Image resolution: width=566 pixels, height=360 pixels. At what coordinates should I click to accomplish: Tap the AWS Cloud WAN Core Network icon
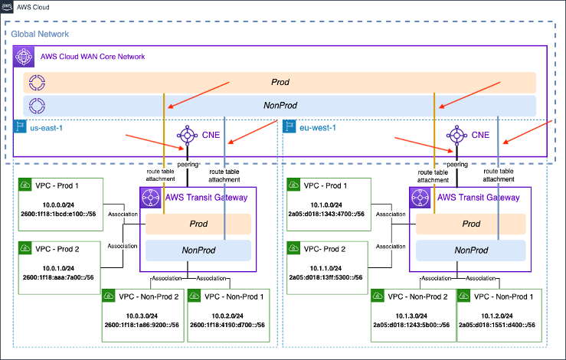tap(25, 57)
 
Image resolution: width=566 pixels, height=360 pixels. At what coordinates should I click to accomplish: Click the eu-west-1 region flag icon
tap(290, 126)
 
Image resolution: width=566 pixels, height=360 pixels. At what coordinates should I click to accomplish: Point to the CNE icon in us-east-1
tap(185, 135)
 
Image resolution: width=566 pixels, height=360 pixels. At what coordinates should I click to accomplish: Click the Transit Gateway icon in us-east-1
tap(149, 197)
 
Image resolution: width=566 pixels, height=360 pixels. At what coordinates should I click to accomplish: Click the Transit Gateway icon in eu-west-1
tap(418, 197)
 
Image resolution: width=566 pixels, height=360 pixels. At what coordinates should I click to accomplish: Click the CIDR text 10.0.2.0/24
tap(228, 314)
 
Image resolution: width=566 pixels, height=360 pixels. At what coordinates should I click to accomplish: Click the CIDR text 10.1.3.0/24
tap(411, 314)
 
